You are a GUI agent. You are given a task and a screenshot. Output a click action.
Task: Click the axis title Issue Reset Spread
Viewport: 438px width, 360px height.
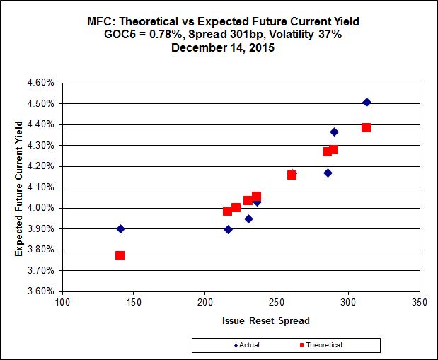click(x=266, y=320)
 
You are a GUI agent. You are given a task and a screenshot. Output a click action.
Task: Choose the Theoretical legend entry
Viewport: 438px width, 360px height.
click(x=319, y=344)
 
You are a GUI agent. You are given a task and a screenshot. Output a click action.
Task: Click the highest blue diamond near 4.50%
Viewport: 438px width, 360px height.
click(x=367, y=103)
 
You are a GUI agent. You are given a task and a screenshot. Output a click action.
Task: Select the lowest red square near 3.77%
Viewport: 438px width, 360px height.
click(x=120, y=255)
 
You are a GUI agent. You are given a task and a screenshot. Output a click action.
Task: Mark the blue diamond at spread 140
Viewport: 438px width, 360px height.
click(x=120, y=228)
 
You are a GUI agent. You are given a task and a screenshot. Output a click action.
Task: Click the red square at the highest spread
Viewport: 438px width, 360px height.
click(x=366, y=128)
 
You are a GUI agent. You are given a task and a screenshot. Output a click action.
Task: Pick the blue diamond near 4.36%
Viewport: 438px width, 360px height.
click(x=334, y=132)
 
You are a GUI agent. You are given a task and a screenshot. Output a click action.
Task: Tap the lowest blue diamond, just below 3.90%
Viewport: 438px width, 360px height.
click(x=228, y=229)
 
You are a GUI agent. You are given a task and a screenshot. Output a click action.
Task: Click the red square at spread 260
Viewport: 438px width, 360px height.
click(x=292, y=175)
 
